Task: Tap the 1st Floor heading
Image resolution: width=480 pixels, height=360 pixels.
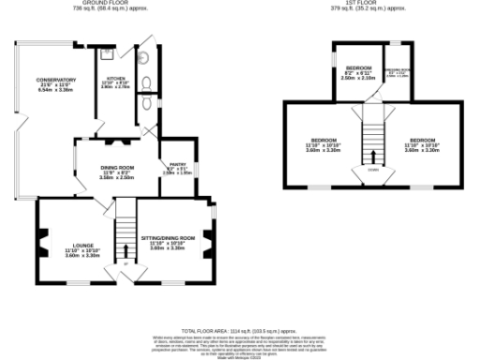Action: click(x=372, y=4)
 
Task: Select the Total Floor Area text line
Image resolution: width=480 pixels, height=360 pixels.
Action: click(x=238, y=331)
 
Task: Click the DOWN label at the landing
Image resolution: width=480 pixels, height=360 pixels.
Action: click(x=373, y=170)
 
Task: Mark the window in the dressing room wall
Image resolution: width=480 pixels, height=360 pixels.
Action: click(x=398, y=43)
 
